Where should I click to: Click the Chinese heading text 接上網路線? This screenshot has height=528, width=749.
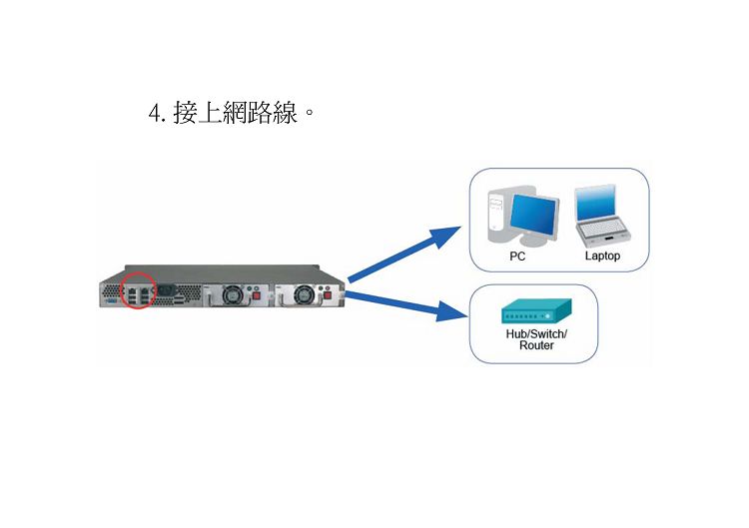point(235,113)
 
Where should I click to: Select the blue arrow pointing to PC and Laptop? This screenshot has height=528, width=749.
point(404,254)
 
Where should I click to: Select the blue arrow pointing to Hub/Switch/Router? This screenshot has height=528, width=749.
point(406,305)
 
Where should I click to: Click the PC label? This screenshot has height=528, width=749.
point(517,257)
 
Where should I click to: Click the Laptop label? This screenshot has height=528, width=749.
point(602,256)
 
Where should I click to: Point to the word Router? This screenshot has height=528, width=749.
point(536,345)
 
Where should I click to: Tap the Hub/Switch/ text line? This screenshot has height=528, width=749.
point(536,333)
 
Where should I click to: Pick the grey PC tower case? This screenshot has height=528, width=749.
point(496,216)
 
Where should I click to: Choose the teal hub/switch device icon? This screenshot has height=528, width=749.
point(536,311)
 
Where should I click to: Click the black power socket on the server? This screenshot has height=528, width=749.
point(166,289)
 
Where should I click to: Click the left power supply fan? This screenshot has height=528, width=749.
point(233,294)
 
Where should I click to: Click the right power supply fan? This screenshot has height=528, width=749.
point(304,294)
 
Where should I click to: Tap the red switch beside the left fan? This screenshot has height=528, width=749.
point(256,296)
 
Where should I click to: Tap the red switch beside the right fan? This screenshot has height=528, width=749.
point(328,296)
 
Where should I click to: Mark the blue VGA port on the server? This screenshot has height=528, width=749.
point(110,301)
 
